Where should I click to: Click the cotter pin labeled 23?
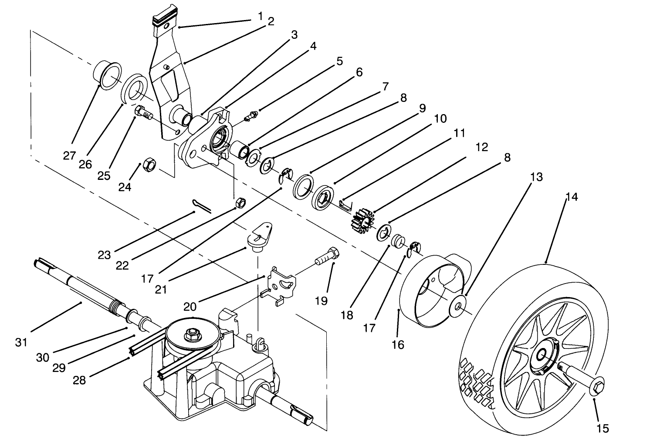[x=201, y=207]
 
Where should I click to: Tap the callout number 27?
[x=69, y=155]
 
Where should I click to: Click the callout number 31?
[x=21, y=342]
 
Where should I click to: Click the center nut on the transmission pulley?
[x=191, y=334]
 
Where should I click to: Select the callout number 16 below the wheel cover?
[x=398, y=345]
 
